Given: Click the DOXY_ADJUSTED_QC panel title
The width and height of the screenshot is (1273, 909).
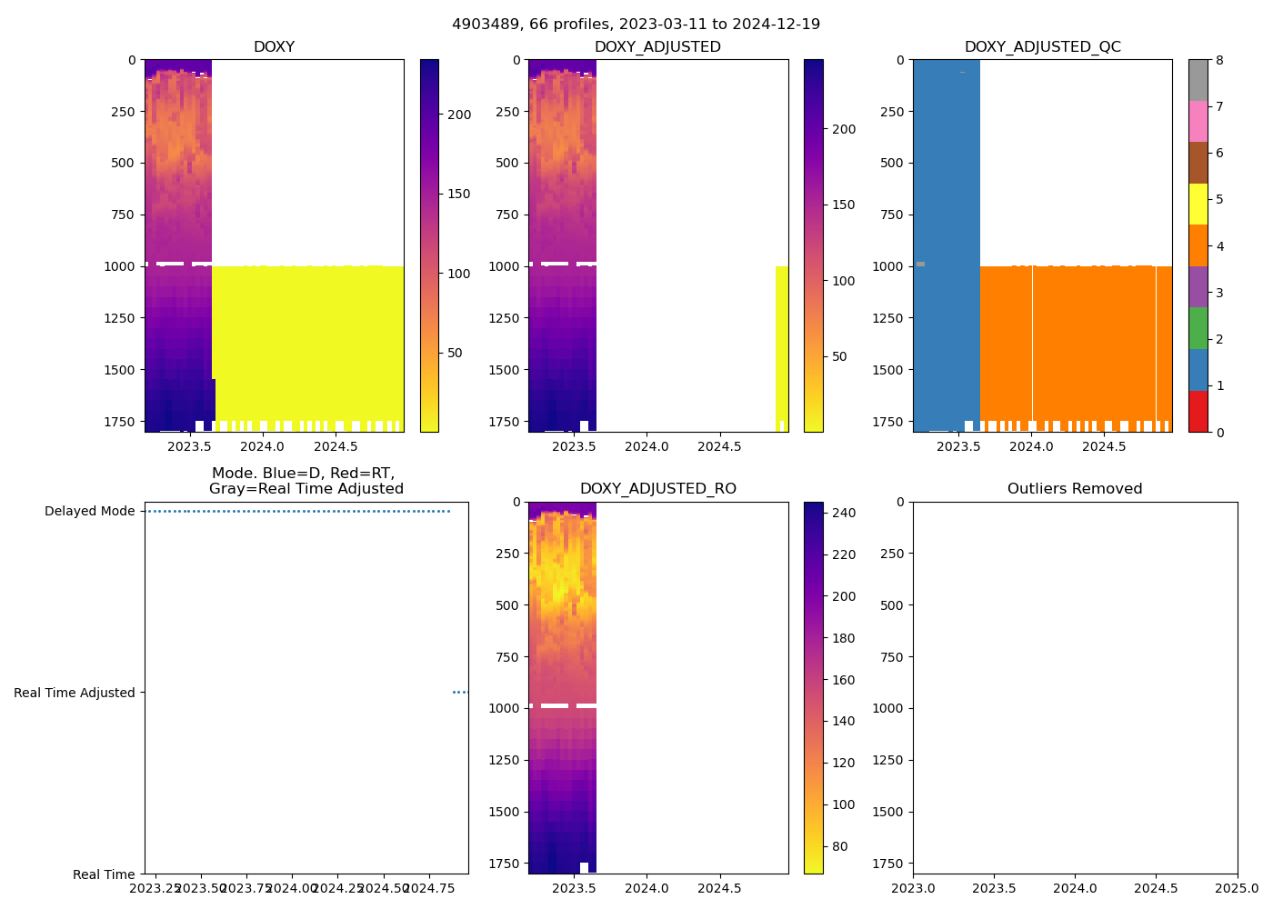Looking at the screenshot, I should coord(1042,47).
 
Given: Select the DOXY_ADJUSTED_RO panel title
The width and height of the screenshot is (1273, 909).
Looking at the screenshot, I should coord(658,489).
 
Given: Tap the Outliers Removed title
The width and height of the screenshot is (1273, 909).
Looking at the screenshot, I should coord(1075,489).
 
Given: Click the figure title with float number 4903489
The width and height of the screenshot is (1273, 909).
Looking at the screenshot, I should coord(636,25).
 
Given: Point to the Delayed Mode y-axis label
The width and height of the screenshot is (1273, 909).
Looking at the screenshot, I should coord(89,511).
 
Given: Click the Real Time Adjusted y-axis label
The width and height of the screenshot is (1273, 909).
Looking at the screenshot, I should coord(75,693).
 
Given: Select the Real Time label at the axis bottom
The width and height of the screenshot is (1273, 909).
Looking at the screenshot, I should coord(104,874).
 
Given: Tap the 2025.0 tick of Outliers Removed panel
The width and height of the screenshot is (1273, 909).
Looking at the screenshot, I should coord(1237,888).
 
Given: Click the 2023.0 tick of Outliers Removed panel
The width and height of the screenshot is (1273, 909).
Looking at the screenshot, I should coord(913,888).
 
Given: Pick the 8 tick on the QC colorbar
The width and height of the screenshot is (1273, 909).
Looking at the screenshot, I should coord(1219,60).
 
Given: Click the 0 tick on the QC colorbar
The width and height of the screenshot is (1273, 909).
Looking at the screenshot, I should coord(1219,433).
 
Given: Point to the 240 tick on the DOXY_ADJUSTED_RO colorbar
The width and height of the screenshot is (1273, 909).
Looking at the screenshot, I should coord(844,514).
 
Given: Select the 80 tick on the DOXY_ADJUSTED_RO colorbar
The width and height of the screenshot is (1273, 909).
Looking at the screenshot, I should coord(840,846).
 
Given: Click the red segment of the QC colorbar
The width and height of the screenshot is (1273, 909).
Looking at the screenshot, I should coord(1198,412).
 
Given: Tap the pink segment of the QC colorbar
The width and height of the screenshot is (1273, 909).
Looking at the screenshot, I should coord(1198,121).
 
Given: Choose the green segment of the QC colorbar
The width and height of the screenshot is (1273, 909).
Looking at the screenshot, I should coord(1198,328).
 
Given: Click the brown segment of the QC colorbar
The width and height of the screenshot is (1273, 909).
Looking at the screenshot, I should coord(1198,163).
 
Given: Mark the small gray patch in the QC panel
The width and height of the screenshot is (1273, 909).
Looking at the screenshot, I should coord(920,264).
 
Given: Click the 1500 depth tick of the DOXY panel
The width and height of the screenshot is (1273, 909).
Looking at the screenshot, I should coord(125,370).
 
